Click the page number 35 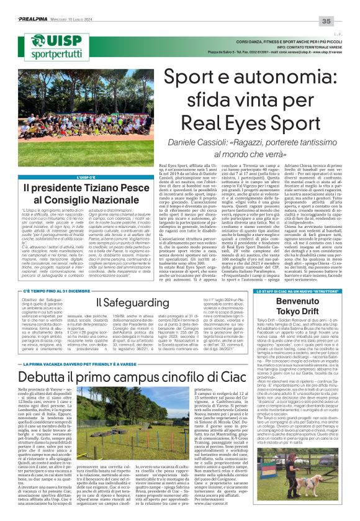click(343, 5)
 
